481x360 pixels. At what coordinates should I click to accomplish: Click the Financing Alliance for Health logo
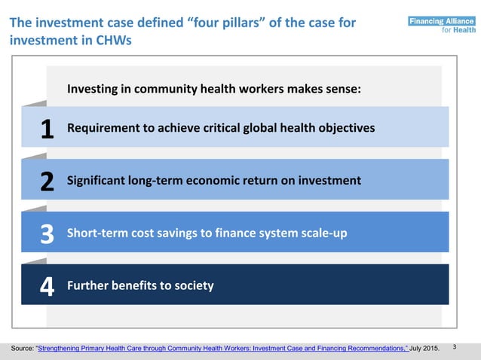tap(442, 26)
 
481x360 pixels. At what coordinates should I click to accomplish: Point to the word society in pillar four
tap(193, 285)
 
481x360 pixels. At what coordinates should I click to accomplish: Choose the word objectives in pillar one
tap(345, 128)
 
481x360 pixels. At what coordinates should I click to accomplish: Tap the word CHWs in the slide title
tap(113, 41)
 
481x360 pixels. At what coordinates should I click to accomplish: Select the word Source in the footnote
tap(21, 349)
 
